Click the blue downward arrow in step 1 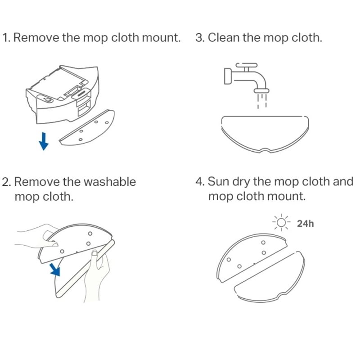[x=44, y=141]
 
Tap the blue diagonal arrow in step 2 [x=55, y=269]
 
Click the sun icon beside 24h [x=281, y=222]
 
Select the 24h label [x=306, y=223]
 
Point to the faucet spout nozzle [x=261, y=91]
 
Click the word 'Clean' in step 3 [x=224, y=37]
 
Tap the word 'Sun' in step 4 [x=218, y=181]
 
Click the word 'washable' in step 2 [x=110, y=182]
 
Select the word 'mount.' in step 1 [x=161, y=38]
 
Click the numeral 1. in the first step [x=6, y=38]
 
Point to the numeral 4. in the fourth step [x=200, y=182]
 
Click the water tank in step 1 [x=63, y=94]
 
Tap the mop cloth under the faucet [x=265, y=134]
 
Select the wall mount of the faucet [x=228, y=76]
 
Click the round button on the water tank [x=48, y=100]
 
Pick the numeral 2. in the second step [x=7, y=182]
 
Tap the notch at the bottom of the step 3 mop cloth [x=265, y=151]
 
